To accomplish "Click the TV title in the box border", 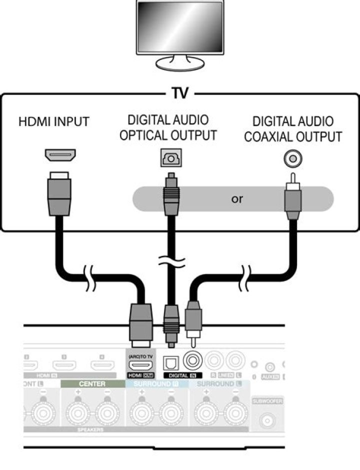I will (x=179, y=93).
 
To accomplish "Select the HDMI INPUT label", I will (x=54, y=121).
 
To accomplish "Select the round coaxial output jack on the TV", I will (x=293, y=159).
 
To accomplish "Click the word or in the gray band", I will (x=237, y=198).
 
